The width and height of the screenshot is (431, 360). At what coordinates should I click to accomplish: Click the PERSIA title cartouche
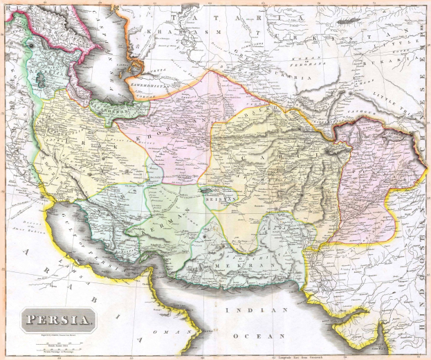coord(59,320)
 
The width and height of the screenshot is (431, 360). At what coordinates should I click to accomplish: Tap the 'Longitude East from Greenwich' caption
coord(304,356)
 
